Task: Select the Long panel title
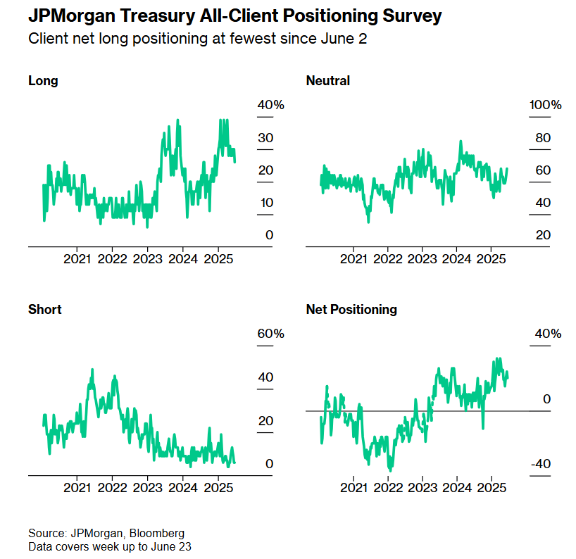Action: click(x=43, y=80)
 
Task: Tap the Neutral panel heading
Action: click(x=328, y=80)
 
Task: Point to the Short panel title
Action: click(x=45, y=309)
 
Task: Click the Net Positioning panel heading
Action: click(x=351, y=309)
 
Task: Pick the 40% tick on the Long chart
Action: click(x=270, y=105)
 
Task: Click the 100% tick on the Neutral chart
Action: click(x=546, y=105)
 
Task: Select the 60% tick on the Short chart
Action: click(x=270, y=334)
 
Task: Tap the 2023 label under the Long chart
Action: click(x=147, y=258)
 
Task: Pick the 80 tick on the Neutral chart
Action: click(x=543, y=138)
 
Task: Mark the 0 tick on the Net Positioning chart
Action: click(x=547, y=399)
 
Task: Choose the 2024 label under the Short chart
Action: click(x=182, y=487)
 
